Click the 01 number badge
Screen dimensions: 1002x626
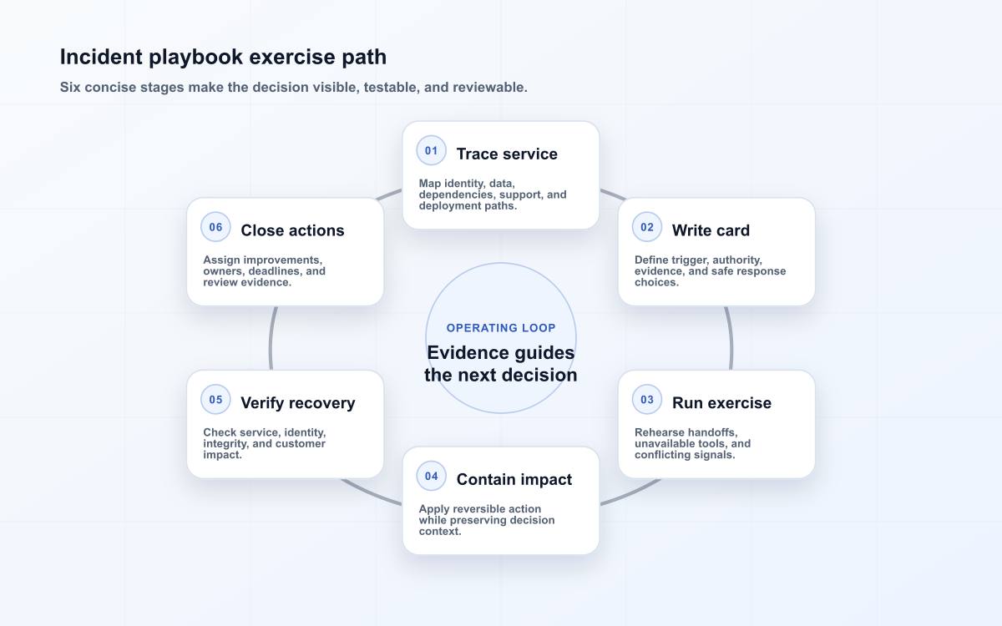[431, 151]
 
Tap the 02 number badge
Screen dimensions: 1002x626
[647, 227]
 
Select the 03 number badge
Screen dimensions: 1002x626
[647, 400]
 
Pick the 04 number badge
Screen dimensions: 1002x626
[431, 477]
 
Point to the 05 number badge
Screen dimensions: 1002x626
[215, 400]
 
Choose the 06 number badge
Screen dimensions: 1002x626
[215, 227]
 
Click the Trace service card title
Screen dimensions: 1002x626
[507, 154]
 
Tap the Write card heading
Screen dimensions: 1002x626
[711, 230]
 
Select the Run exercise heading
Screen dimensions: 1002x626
[721, 403]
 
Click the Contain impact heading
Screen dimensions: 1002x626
[514, 479]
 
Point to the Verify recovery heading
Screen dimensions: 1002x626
[298, 403]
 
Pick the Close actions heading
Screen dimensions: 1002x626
[292, 230]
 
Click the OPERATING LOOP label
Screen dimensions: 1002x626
[501, 328]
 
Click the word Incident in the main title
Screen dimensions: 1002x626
[102, 58]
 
